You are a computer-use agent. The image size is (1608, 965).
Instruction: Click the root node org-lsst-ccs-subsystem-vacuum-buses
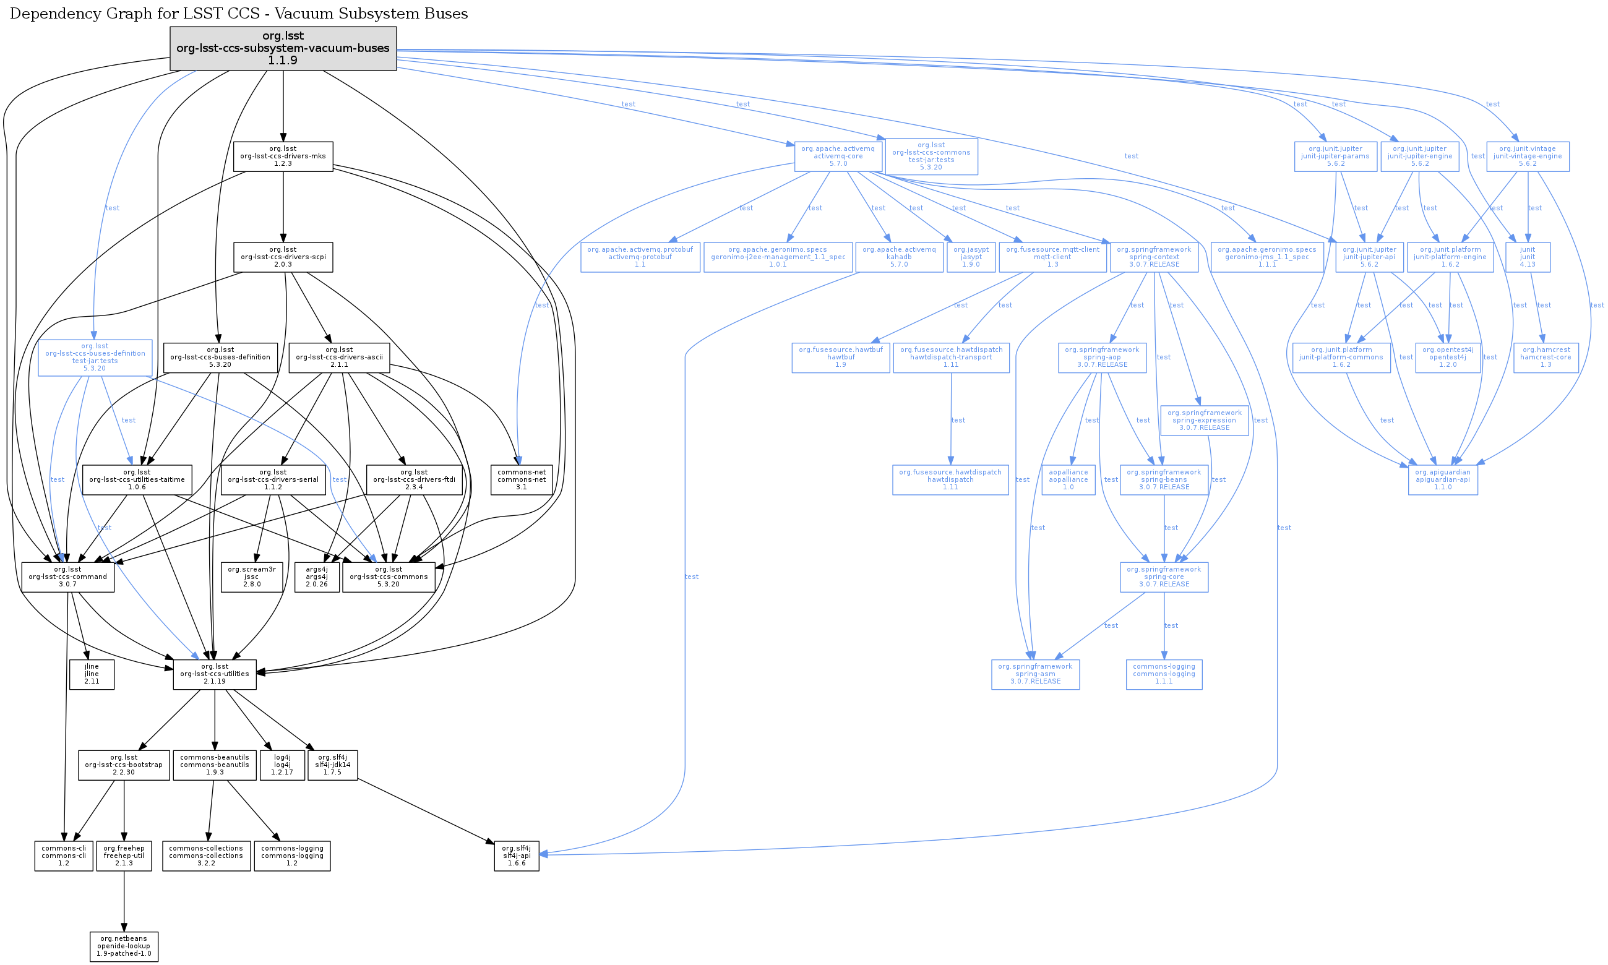pyautogui.click(x=283, y=48)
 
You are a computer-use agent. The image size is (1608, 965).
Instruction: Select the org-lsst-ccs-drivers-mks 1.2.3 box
pyautogui.click(x=283, y=156)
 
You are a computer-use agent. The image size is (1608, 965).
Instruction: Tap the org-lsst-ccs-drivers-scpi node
pyautogui.click(x=283, y=257)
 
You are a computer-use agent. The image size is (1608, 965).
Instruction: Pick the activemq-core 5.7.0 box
pyautogui.click(x=838, y=156)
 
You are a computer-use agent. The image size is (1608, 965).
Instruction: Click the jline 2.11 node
pyautogui.click(x=92, y=674)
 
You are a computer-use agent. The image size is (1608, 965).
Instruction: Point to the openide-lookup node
pyautogui.click(x=124, y=946)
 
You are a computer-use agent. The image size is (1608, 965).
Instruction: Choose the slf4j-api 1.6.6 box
pyautogui.click(x=516, y=856)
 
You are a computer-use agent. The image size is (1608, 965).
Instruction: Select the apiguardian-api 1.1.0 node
pyautogui.click(x=1442, y=479)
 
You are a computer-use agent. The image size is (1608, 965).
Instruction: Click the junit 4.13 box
pyautogui.click(x=1528, y=257)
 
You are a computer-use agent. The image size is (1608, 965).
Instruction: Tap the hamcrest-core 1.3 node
pyautogui.click(x=1546, y=357)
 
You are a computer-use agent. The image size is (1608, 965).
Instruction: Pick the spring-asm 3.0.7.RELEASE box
pyautogui.click(x=1035, y=674)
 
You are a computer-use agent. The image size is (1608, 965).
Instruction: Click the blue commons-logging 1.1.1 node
pyautogui.click(x=1164, y=674)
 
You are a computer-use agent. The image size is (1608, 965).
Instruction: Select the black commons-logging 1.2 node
pyautogui.click(x=292, y=856)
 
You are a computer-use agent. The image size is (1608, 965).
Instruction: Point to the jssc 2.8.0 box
pyautogui.click(x=252, y=577)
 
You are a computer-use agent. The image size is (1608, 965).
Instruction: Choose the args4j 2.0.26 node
pyautogui.click(x=317, y=577)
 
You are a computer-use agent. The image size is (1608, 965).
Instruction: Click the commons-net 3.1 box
pyautogui.click(x=522, y=479)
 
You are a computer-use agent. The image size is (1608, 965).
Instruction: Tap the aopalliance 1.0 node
pyautogui.click(x=1068, y=479)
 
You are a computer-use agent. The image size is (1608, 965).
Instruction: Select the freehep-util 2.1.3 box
pyautogui.click(x=124, y=856)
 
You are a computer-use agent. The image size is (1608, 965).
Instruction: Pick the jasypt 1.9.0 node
pyautogui.click(x=971, y=257)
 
